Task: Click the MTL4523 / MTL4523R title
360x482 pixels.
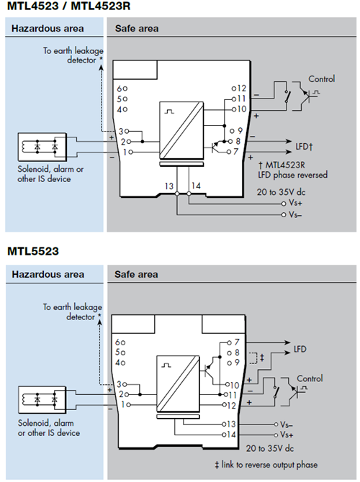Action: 68,6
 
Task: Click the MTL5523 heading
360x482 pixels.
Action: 33,251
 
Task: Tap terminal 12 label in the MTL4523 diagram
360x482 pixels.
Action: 241,88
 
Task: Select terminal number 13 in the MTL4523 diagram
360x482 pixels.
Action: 169,186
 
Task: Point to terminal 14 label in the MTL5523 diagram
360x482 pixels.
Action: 231,435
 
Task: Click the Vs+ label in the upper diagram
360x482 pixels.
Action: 295,203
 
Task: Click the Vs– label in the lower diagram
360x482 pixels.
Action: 286,424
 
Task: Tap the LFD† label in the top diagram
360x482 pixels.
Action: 304,146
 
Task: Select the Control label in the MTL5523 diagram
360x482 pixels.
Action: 310,378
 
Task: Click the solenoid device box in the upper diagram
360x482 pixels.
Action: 42,147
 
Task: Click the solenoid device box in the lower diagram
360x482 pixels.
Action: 42,399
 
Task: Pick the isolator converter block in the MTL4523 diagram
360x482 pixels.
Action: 181,129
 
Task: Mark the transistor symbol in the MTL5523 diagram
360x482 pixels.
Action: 210,370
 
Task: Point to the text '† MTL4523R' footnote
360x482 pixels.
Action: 282,165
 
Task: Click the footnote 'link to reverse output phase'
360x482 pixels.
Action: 269,465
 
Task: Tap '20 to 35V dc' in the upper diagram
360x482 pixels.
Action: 281,192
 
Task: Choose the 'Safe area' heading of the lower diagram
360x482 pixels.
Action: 136,274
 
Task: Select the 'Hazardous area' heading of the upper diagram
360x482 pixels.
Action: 48,29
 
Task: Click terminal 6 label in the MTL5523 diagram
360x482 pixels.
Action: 118,342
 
